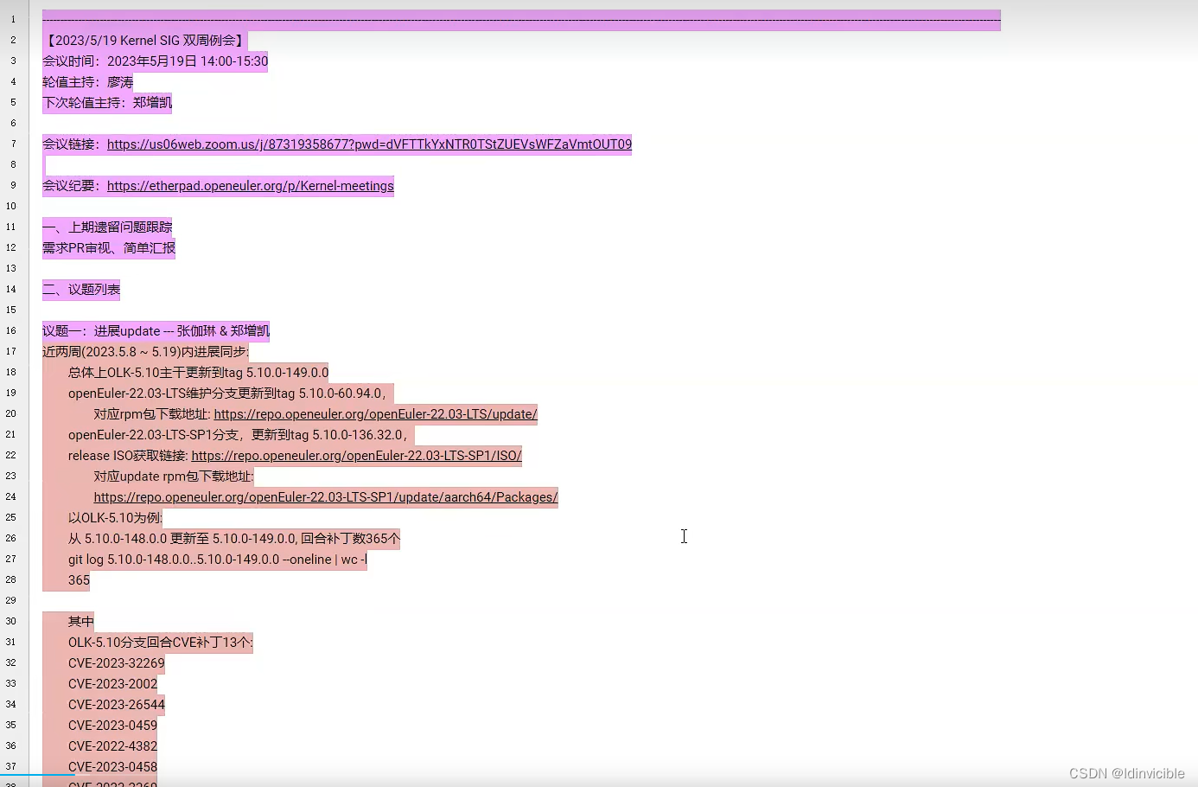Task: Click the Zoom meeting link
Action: click(369, 144)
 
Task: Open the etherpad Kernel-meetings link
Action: click(250, 186)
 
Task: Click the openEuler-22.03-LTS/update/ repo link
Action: click(375, 414)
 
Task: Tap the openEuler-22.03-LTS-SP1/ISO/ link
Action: click(356, 456)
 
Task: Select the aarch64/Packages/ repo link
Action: click(325, 497)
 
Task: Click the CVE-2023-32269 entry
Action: click(116, 663)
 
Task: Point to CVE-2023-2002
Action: click(112, 684)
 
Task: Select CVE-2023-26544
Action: click(116, 705)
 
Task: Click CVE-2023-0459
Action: click(112, 726)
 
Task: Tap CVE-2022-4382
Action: click(112, 746)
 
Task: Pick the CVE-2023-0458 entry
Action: click(112, 767)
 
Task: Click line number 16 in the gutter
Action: click(11, 331)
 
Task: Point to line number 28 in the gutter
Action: click(11, 580)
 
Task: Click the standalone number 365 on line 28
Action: click(79, 580)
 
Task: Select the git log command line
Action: click(217, 560)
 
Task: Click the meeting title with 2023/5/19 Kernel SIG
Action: click(145, 41)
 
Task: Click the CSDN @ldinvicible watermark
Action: click(1126, 773)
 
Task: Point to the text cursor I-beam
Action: click(684, 536)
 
